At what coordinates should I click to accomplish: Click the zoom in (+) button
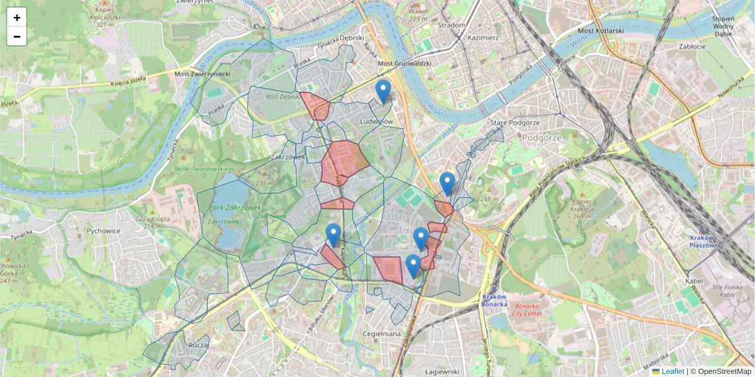17,18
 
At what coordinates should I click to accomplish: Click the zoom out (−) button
17,36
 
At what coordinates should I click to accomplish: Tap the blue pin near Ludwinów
383,92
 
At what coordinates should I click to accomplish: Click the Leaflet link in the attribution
673,371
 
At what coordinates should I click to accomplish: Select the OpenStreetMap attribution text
724,371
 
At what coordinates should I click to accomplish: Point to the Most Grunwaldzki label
404,63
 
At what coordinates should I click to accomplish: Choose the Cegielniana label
382,334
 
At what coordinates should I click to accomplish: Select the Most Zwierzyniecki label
203,74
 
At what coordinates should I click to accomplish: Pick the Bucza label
198,345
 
